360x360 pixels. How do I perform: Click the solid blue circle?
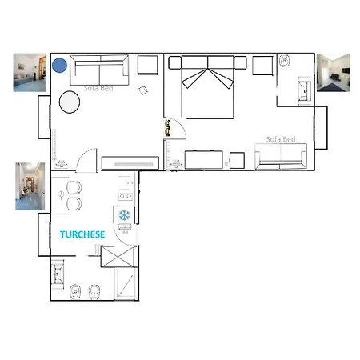[59, 66]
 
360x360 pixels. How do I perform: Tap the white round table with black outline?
[70, 102]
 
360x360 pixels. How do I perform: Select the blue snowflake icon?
[124, 215]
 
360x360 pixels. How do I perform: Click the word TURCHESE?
[82, 234]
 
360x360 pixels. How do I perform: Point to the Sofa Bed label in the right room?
[281, 139]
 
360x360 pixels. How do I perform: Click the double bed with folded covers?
[208, 87]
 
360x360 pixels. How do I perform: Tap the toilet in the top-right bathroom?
[284, 61]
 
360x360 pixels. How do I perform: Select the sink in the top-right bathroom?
[305, 90]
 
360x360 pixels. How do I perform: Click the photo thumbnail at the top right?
[333, 73]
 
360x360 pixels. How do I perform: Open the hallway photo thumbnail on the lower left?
[30, 186]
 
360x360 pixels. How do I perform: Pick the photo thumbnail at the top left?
[30, 72]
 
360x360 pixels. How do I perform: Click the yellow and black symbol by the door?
[167, 128]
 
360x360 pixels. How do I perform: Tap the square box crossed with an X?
[118, 257]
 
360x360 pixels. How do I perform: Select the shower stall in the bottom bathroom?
[126, 284]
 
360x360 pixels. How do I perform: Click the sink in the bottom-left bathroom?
[58, 274]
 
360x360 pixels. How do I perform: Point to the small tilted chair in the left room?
[143, 90]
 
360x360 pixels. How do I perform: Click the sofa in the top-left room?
[99, 70]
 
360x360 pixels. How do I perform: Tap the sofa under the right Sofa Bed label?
[281, 156]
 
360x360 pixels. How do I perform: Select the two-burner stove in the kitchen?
[126, 196]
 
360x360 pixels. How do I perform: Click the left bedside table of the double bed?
[175, 63]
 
